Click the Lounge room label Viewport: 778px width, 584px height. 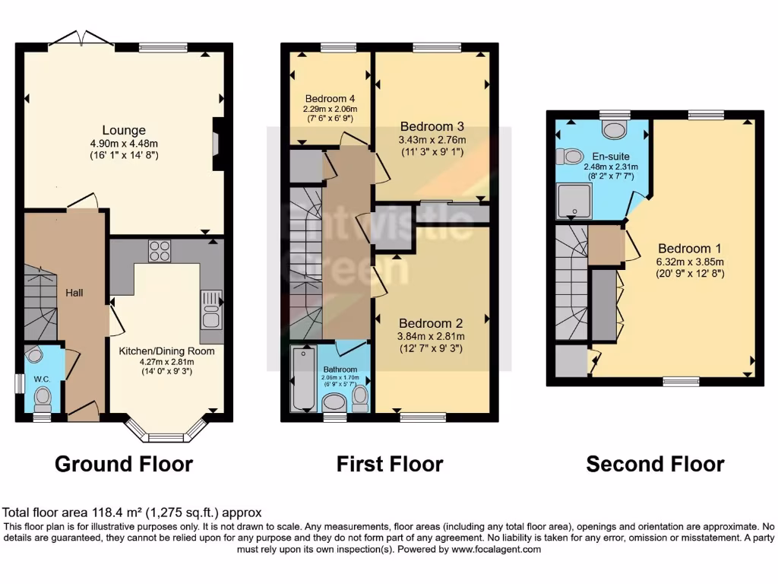coord(125,130)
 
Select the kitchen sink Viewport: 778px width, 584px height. coord(210,308)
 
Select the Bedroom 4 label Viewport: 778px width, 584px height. coord(330,99)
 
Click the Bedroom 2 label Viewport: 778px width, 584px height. coord(431,322)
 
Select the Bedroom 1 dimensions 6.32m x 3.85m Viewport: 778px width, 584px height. coord(689,261)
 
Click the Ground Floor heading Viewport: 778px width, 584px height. coord(124,464)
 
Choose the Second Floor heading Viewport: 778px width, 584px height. coord(655,464)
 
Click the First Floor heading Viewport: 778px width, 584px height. coord(390,464)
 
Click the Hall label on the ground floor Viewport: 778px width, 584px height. coord(74,293)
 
